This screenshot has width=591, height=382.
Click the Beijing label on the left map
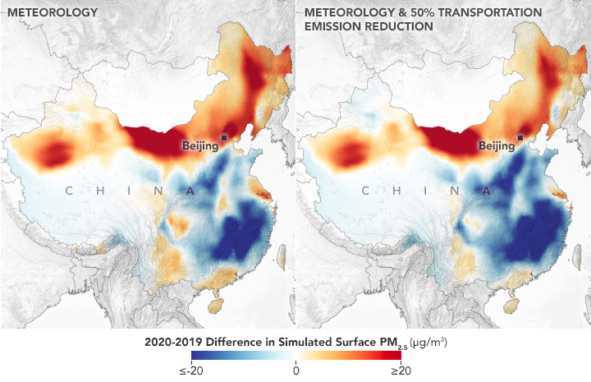(200, 146)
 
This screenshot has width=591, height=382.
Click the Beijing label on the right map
(496, 146)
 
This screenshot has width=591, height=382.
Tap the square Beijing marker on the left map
(224, 138)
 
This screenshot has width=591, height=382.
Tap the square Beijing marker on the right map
(520, 138)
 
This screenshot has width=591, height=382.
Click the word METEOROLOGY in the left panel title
(53, 13)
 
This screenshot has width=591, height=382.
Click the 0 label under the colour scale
(295, 370)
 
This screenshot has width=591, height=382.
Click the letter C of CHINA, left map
(69, 191)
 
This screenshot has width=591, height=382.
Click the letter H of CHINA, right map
(396, 191)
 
